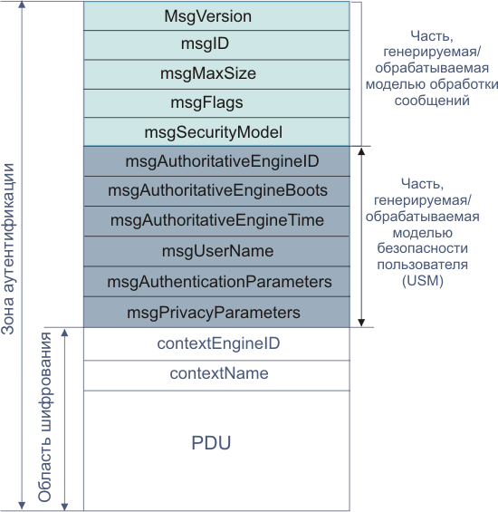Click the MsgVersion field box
pos(215,16)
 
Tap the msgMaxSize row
pos(215,73)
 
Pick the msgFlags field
pos(215,102)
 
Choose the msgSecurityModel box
pos(215,131)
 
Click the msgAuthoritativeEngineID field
pos(215,161)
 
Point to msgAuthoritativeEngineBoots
pos(215,191)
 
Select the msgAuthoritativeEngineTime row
pos(215,221)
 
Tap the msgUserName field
pos(215,251)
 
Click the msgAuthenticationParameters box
pos(215,282)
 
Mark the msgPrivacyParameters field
pos(215,313)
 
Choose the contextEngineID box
pos(215,343)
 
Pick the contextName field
pos(215,373)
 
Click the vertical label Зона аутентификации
pos(9,249)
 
